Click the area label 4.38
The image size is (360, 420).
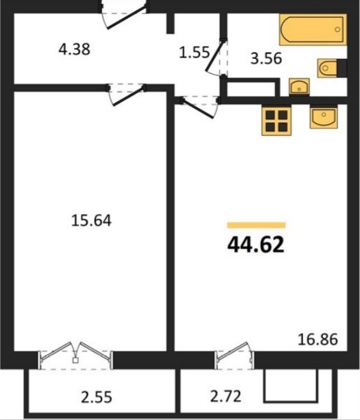click(74, 50)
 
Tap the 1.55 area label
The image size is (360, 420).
click(194, 52)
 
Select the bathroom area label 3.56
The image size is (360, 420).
click(266, 58)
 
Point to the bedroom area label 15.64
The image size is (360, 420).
click(91, 221)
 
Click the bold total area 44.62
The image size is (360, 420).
click(256, 245)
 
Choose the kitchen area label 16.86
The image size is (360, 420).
click(318, 339)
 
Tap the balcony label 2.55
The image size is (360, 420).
click(97, 397)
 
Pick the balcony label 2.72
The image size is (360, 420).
click(226, 396)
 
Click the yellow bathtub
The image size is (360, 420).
click(313, 29)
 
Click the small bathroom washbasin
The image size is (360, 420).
click(299, 87)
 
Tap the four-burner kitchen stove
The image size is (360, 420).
click(276, 121)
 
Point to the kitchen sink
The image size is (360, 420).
click(324, 116)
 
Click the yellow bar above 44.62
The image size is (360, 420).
click(256, 225)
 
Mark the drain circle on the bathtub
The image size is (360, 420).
click(338, 29)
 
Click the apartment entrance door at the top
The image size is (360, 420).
click(123, 15)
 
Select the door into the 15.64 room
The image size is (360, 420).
click(126, 95)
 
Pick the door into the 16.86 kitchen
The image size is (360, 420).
click(200, 107)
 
